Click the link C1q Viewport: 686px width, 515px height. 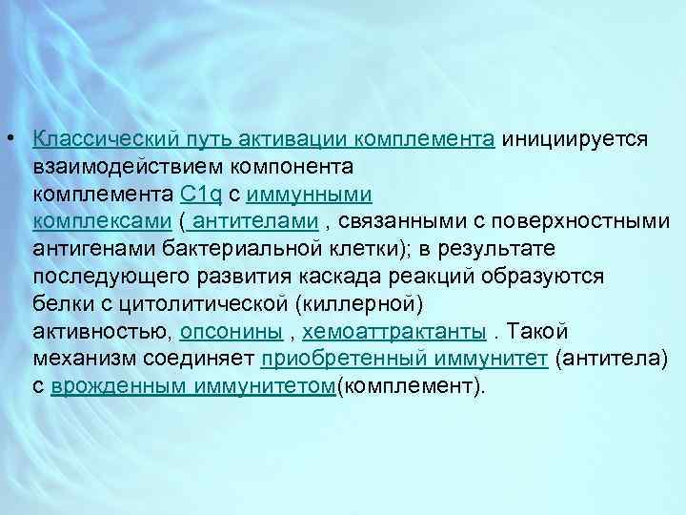coord(200,195)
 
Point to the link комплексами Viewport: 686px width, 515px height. coord(102,222)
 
